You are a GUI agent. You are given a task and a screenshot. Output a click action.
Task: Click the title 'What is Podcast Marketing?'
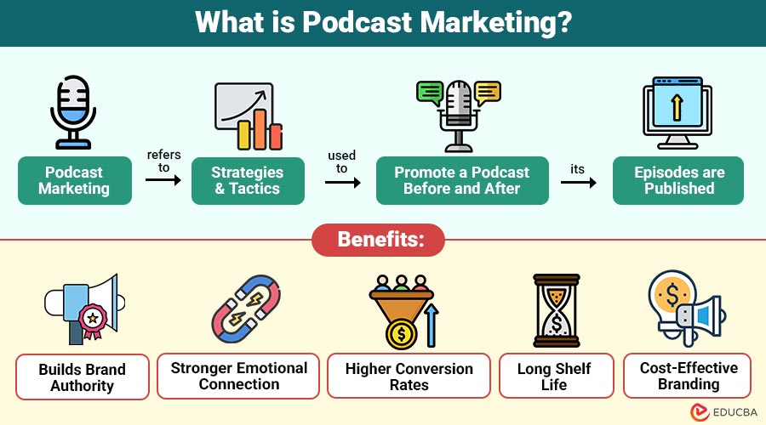tap(383, 23)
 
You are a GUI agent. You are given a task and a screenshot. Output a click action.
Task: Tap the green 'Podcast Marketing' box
tap(75, 180)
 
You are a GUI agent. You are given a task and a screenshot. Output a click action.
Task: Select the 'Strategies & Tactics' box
tap(248, 180)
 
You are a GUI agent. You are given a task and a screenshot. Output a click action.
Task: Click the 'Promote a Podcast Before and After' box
tap(461, 180)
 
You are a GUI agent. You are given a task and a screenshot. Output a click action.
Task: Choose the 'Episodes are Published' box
tap(678, 180)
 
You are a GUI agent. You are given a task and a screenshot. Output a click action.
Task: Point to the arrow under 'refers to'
tap(163, 180)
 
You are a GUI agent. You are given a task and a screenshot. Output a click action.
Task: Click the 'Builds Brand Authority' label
tap(83, 377)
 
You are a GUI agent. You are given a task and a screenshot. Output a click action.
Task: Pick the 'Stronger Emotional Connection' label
tap(239, 376)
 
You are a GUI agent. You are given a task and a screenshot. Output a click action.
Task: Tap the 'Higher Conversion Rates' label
tap(409, 377)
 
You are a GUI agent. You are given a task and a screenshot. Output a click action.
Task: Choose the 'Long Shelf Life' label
tap(554, 377)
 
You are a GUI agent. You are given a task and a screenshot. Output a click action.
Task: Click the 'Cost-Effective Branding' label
tap(688, 376)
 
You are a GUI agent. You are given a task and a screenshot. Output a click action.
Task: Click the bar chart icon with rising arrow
tap(248, 116)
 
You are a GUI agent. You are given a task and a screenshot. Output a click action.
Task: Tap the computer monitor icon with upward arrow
tap(677, 112)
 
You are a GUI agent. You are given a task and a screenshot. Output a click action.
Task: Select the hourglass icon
tap(555, 309)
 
